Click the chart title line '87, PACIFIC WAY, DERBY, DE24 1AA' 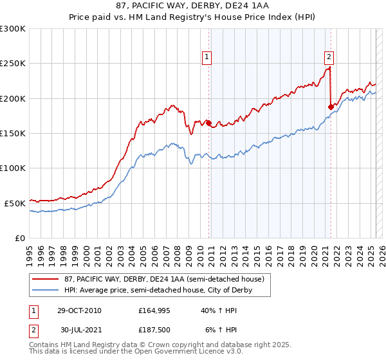193,6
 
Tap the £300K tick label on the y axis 13,29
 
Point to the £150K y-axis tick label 13,133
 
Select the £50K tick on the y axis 15,203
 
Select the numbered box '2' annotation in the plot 329,56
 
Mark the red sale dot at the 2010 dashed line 208,123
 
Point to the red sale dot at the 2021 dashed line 331,107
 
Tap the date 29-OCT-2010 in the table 79,310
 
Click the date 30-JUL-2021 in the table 79,330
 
